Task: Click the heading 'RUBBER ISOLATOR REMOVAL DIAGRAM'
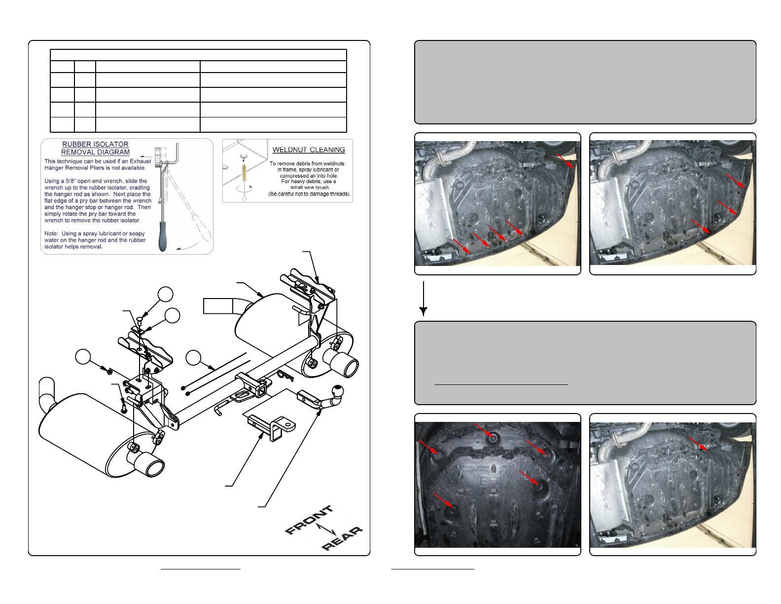click(x=95, y=148)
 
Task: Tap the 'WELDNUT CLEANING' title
click(x=309, y=150)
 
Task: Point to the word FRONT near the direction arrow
click(x=309, y=520)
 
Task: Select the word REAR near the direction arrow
click(x=342, y=538)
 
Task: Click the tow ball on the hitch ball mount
click(x=338, y=391)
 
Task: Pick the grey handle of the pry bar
click(x=163, y=236)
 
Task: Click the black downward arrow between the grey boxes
click(x=424, y=299)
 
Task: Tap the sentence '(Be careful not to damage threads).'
click(x=309, y=194)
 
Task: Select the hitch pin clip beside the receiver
click(x=286, y=376)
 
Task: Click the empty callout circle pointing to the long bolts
click(x=193, y=358)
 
